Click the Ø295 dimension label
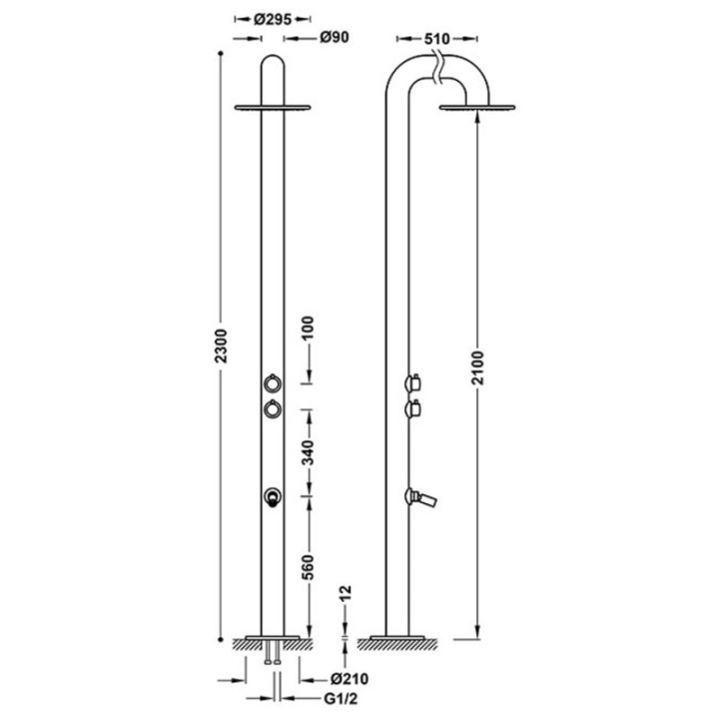point(273,19)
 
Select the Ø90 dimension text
point(335,38)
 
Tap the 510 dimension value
point(436,39)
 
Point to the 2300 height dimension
point(222,346)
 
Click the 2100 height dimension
point(478,367)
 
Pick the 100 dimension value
point(309,328)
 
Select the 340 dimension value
point(309,452)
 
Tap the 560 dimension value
point(309,567)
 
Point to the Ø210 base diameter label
point(350,679)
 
